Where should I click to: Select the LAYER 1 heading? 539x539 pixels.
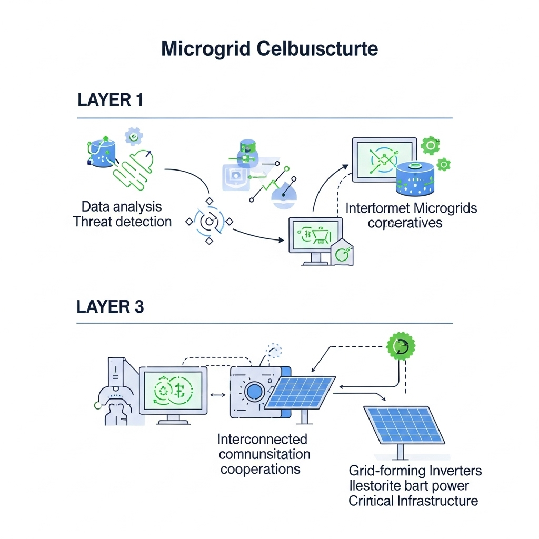(110, 100)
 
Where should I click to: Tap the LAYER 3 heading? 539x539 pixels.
(110, 307)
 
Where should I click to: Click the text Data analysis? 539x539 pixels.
(122, 206)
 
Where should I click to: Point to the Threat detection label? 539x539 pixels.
(123, 222)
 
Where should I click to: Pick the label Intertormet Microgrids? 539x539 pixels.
(411, 208)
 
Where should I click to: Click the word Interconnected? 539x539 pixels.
(262, 439)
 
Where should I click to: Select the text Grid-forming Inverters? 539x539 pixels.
(415, 470)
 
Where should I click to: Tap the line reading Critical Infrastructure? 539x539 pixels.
(413, 500)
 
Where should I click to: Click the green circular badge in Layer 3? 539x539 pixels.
(401, 346)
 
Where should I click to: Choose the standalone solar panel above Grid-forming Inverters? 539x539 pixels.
(404, 424)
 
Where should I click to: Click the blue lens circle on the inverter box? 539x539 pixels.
(254, 391)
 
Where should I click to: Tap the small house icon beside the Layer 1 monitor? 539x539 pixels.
(342, 252)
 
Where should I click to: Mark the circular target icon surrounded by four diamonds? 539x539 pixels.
(209, 222)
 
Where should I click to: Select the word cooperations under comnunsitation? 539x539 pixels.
(260, 468)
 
